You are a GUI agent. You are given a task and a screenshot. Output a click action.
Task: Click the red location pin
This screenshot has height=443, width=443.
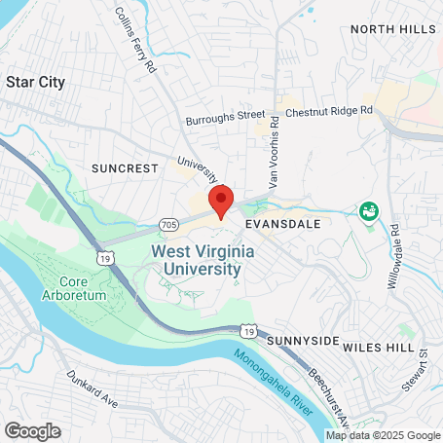[x=221, y=200]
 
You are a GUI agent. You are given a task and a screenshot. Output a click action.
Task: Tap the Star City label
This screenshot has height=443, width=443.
[x=36, y=82]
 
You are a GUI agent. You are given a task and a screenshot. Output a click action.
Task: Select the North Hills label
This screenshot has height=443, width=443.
[x=393, y=29]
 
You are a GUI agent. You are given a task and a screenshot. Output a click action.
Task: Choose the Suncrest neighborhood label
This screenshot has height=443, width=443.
[x=124, y=167]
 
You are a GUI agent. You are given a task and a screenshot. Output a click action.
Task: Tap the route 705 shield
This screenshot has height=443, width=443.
[x=168, y=225]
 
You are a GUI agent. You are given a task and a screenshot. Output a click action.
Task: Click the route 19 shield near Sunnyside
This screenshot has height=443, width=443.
[x=250, y=332]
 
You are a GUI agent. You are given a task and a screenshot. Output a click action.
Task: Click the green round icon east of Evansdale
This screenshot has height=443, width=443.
[x=368, y=210]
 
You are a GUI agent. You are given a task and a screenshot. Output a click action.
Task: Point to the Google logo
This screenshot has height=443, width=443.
[x=32, y=430]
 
